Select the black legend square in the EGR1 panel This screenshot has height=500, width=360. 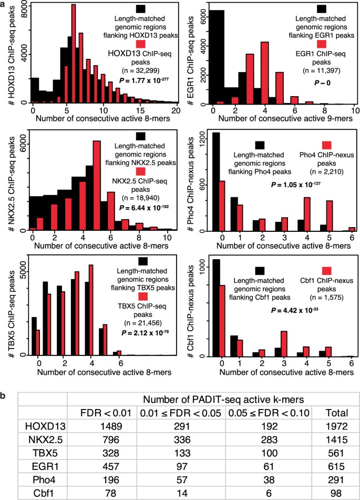pos(321,8)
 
